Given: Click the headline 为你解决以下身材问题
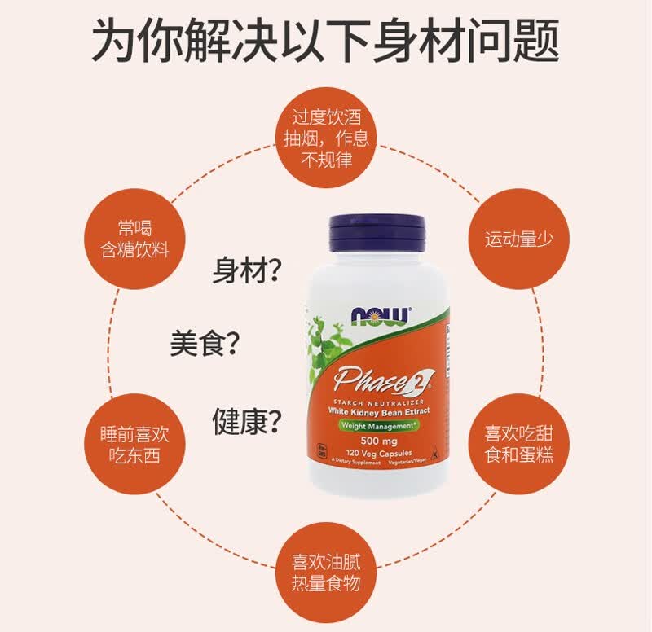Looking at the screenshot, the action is click(x=325, y=41).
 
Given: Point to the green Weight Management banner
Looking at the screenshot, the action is click(x=381, y=427).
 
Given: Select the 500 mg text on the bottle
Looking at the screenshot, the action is click(x=381, y=440).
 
